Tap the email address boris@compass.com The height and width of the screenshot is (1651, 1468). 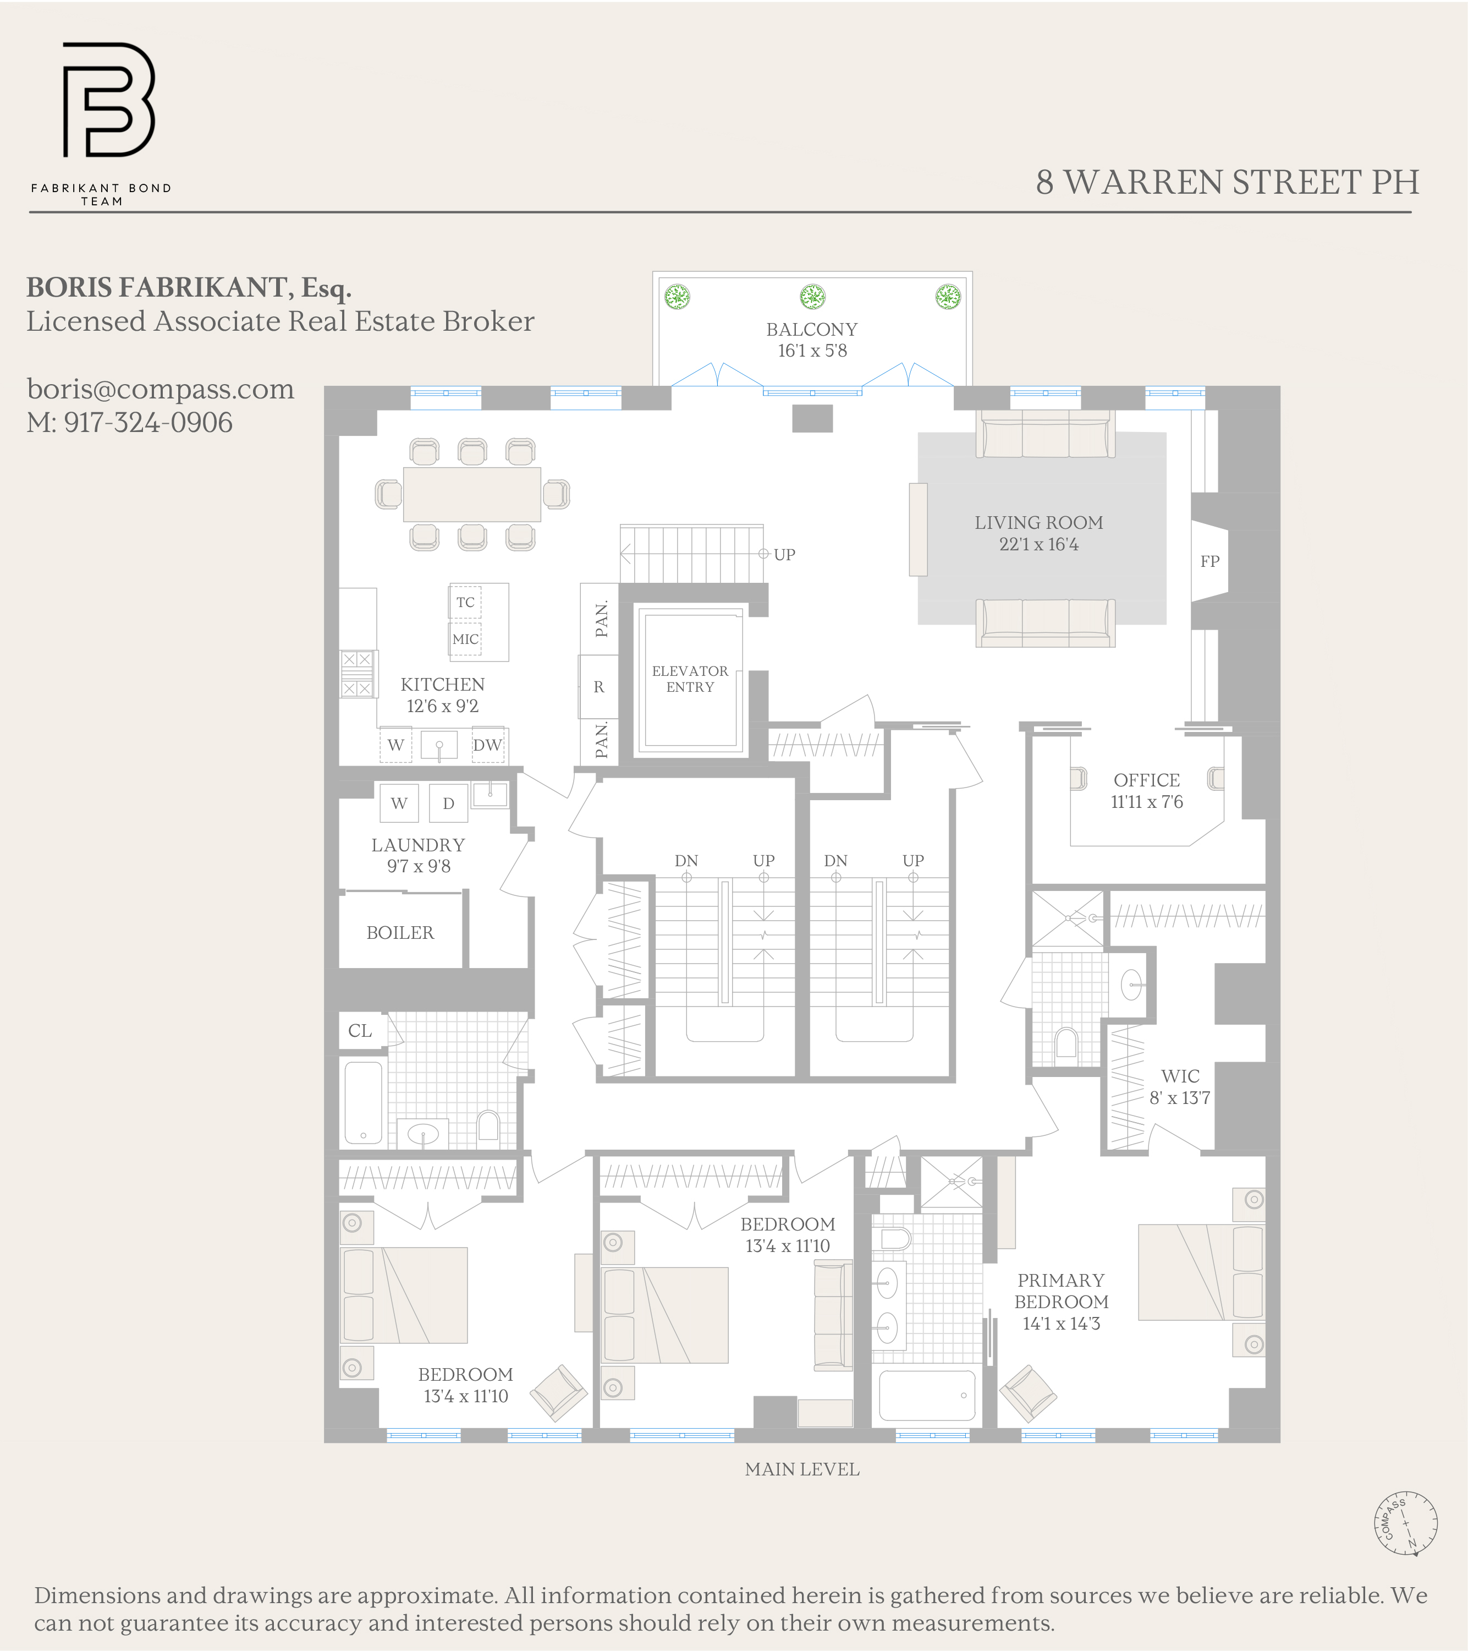coord(160,389)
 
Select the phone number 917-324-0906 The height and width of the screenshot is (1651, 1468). coord(148,423)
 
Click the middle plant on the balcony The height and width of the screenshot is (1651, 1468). coord(812,297)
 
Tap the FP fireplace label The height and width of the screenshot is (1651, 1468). coord(1209,561)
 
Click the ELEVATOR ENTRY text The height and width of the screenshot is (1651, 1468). coord(690,679)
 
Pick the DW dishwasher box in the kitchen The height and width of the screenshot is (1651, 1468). coord(487,745)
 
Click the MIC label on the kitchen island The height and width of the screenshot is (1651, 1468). coord(465,639)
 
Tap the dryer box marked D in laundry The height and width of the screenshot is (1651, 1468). coord(448,803)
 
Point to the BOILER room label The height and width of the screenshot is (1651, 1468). coord(400,932)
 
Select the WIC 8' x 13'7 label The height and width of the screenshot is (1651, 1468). coord(1180,1086)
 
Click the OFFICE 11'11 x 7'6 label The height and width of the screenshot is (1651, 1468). coord(1147,791)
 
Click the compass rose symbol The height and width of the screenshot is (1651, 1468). coord(1406,1523)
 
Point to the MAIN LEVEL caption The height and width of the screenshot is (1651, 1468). coord(802,1469)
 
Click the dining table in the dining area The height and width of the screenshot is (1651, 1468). coord(471,494)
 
